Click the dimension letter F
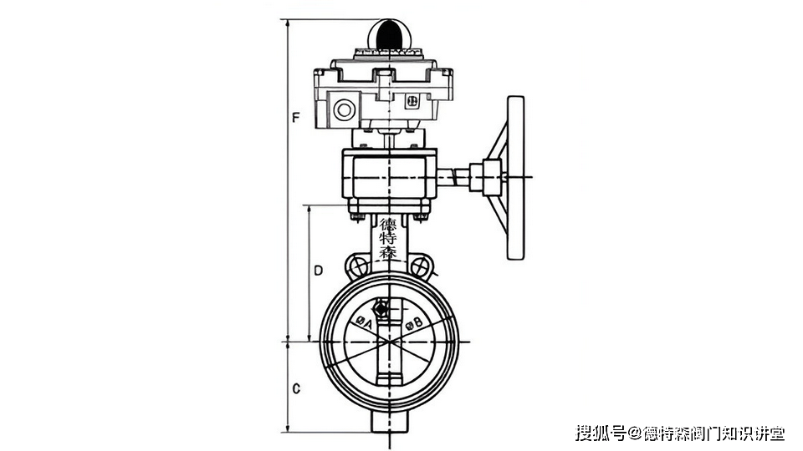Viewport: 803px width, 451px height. click(x=295, y=119)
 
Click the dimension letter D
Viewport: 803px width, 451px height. click(x=318, y=271)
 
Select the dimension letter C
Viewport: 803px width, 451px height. click(x=295, y=389)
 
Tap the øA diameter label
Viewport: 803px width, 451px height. click(x=364, y=322)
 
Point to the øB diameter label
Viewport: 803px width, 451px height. click(x=414, y=323)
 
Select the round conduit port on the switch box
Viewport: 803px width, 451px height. click(x=343, y=109)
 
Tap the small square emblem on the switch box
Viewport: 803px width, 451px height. click(x=411, y=101)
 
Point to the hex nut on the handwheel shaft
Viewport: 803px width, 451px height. click(x=478, y=176)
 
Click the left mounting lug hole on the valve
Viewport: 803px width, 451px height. click(x=358, y=268)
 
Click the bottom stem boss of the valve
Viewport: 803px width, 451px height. click(x=390, y=422)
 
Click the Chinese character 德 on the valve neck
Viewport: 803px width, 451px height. click(x=389, y=225)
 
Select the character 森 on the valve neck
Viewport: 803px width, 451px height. click(x=389, y=252)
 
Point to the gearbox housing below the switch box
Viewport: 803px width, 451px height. click(x=390, y=177)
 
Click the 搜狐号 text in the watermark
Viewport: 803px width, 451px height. click(x=601, y=433)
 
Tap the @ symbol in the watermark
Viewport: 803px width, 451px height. click(x=634, y=433)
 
